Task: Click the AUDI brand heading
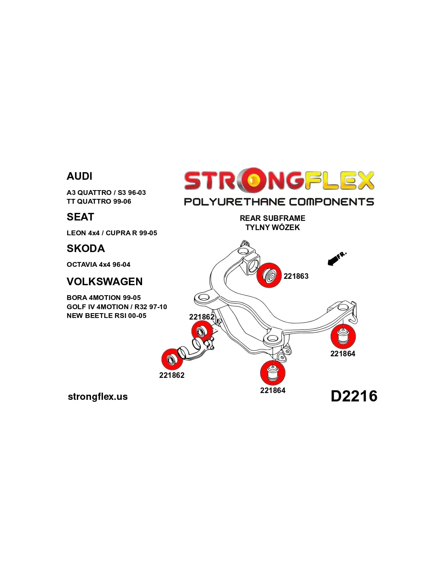click(79, 176)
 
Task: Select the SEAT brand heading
click(80, 217)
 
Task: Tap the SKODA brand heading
click(85, 248)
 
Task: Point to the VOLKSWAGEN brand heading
click(105, 282)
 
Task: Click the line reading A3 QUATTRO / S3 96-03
click(106, 193)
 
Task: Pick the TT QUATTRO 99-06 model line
click(99, 201)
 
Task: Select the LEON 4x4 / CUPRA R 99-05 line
click(112, 233)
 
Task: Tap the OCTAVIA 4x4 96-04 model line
click(98, 264)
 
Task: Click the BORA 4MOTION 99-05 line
click(103, 298)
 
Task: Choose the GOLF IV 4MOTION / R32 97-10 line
click(117, 307)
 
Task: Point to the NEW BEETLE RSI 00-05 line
click(106, 316)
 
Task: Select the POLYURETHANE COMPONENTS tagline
click(279, 202)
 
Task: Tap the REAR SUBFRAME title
click(272, 218)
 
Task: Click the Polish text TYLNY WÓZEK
click(272, 227)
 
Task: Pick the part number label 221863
click(296, 276)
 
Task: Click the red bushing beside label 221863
click(269, 275)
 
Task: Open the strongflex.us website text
click(98, 397)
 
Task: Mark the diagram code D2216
click(354, 396)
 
